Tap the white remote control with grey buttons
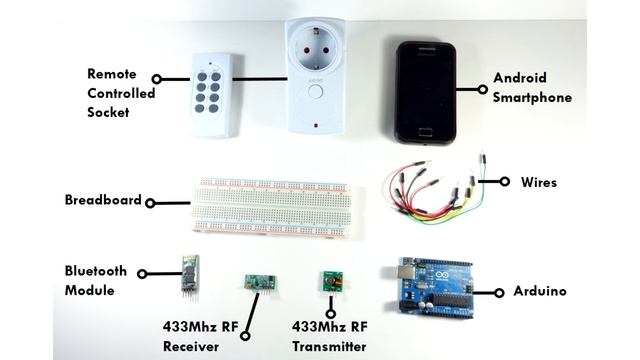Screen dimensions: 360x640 tap(213, 94)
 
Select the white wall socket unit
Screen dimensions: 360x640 tap(316, 76)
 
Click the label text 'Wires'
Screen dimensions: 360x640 tap(538, 183)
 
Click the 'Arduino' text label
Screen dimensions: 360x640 tap(539, 292)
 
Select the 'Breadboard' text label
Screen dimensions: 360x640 tap(103, 200)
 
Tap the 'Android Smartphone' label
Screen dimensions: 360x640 tap(532, 88)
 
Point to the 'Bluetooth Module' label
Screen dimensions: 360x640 tap(96, 280)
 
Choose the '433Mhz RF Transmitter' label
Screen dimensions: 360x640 tap(329, 336)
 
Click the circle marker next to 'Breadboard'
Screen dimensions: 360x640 tap(150, 203)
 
